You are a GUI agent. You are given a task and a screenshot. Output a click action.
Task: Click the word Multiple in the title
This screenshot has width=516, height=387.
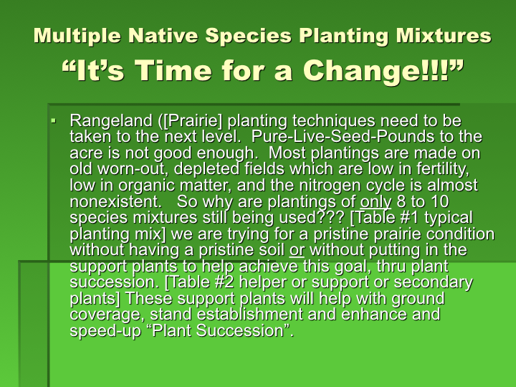pyautogui.click(x=77, y=37)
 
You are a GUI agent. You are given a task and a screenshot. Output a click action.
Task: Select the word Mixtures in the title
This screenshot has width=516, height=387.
pyautogui.click(x=444, y=36)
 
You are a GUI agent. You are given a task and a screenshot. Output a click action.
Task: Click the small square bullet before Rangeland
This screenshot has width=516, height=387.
pyautogui.click(x=54, y=121)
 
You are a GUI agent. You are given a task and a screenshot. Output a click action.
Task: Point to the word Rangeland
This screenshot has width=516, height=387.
pyautogui.click(x=111, y=121)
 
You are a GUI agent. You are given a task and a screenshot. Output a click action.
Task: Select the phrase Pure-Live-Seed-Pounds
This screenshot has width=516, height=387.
pyautogui.click(x=343, y=136)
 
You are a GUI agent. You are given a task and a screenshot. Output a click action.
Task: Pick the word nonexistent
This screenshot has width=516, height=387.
pyautogui.click(x=116, y=201)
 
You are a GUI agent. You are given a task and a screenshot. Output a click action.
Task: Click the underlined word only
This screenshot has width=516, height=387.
pyautogui.click(x=376, y=201)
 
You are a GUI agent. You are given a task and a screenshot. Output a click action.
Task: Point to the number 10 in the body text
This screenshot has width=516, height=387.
pyautogui.click(x=439, y=201)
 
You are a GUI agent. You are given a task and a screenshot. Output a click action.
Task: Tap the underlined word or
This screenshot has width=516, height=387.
pyautogui.click(x=297, y=250)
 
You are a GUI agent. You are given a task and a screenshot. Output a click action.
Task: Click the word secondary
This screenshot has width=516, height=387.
pyautogui.click(x=433, y=282)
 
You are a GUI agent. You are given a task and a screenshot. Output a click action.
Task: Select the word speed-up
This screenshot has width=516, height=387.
pyautogui.click(x=105, y=331)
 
